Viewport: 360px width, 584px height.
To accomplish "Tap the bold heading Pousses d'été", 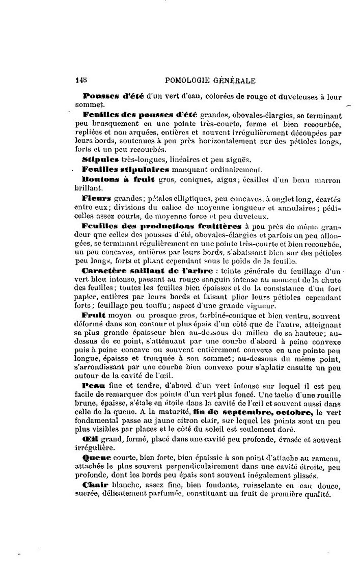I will tap(113, 96).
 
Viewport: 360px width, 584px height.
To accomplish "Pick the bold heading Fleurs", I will tap(98, 197).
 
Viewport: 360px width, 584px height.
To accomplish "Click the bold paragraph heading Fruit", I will tap(93, 315).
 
